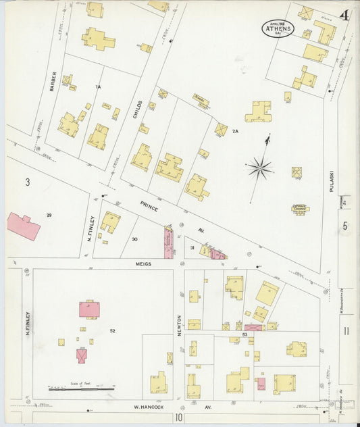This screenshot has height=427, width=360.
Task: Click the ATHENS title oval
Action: pos(278,28)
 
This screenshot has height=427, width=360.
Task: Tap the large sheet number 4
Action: pos(344,16)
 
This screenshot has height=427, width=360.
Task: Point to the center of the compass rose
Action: pos(259,167)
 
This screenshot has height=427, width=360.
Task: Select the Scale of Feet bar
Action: pos(80,388)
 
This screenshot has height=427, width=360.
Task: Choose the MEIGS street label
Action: pos(143,264)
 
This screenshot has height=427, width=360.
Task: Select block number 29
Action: pos(49,215)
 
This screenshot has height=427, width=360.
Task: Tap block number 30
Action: pos(134,239)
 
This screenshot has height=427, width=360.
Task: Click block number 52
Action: pos(112,330)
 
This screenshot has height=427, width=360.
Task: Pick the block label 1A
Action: pos(98,86)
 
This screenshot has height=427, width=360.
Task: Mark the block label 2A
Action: pos(236,130)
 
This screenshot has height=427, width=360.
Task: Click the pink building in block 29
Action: pos(24,226)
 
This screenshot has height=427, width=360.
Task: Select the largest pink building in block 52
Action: pos(89,309)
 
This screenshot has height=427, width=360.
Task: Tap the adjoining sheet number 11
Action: pos(345,330)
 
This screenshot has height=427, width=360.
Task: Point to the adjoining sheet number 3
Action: pos(28,182)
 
